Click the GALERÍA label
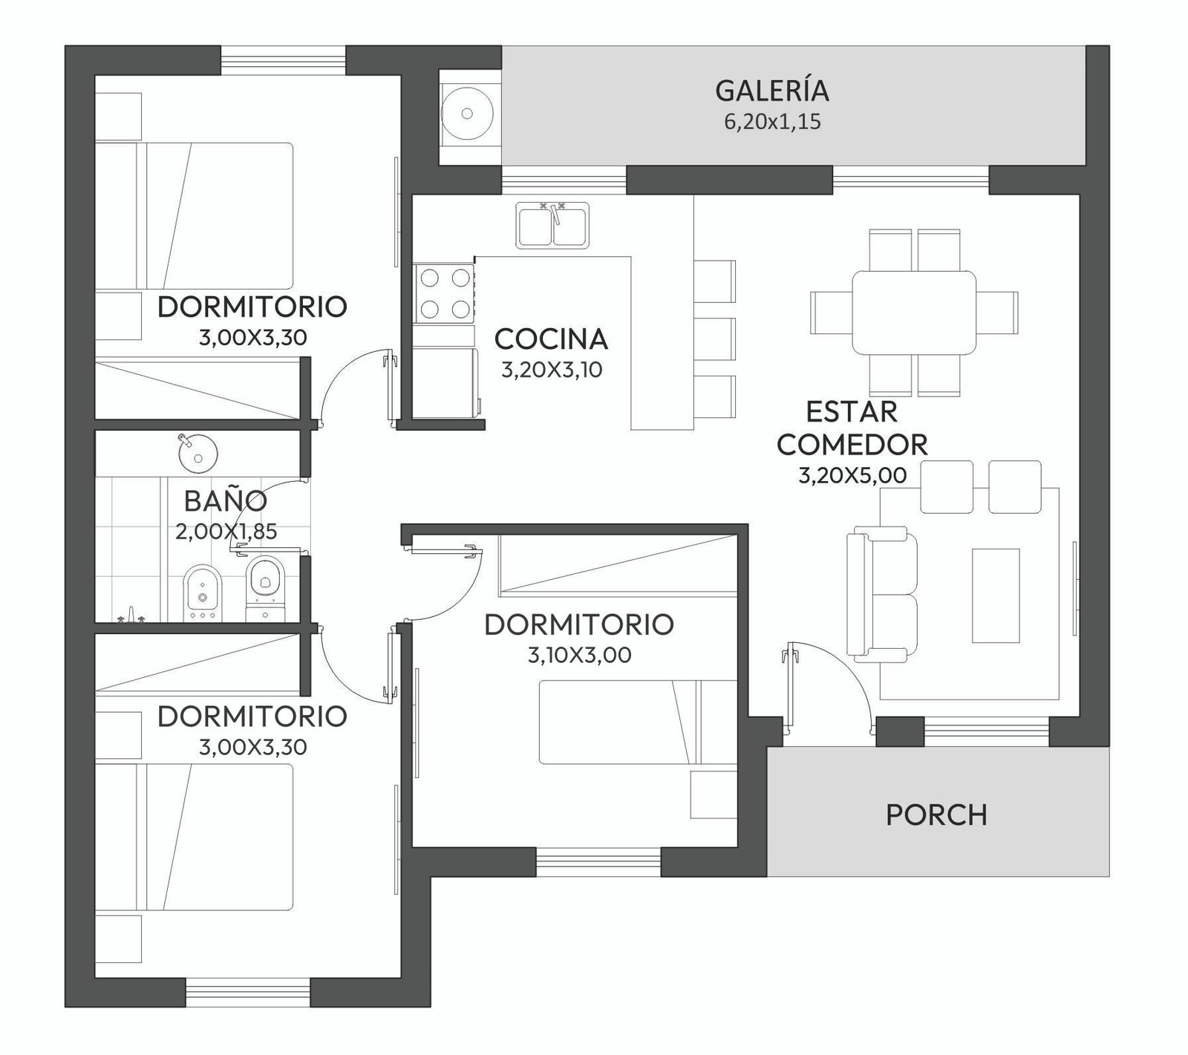pos(772,90)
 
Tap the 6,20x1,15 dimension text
pos(772,122)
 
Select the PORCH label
pos(937,814)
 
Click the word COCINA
pos(551,339)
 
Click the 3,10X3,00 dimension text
pos(579,656)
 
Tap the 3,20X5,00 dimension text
pos(852,475)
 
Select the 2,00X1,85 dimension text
pos(226,532)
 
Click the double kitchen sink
pos(553,224)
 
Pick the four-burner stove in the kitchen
pos(445,293)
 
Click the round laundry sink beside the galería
pos(467,114)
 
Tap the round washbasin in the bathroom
pos(198,453)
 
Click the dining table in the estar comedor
pos(913,313)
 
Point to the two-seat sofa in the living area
pos(882,595)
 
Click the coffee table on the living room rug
pos(996,595)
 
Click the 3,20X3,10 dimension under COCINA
pos(551,370)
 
